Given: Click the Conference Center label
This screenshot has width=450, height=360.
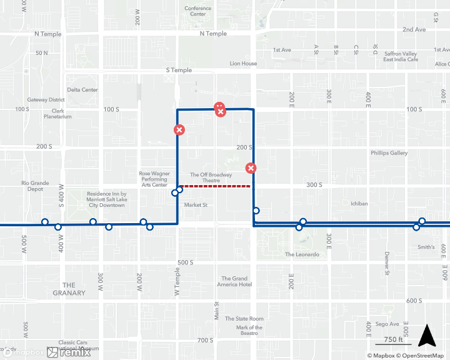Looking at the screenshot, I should point(197,11).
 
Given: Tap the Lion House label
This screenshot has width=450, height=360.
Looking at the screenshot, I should point(243,64).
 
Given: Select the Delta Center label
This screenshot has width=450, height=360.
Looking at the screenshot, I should point(82,90).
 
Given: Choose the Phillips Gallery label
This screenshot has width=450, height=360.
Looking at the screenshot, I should point(389,153).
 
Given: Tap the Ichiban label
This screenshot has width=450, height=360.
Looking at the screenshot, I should point(359,204).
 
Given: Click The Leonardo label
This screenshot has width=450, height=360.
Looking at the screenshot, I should point(302,254).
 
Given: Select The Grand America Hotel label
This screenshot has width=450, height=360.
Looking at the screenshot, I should point(235,281).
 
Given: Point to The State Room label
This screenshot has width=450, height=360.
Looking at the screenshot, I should point(244,319).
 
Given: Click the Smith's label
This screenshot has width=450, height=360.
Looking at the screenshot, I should point(426,247).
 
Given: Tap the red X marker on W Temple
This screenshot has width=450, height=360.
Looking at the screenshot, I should point(179,130).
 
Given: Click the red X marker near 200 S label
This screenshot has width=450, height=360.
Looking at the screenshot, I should point(251,168).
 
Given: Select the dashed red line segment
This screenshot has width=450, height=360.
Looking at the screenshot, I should point(216,186).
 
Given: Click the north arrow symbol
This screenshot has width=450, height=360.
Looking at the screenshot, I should point(427,336).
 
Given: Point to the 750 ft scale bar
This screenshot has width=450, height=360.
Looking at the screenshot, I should point(393,341).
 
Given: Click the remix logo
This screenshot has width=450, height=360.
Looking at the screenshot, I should point(69,352).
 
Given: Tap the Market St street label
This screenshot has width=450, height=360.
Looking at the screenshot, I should point(196,204).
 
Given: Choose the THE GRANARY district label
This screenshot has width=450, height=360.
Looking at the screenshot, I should point(69,289).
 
